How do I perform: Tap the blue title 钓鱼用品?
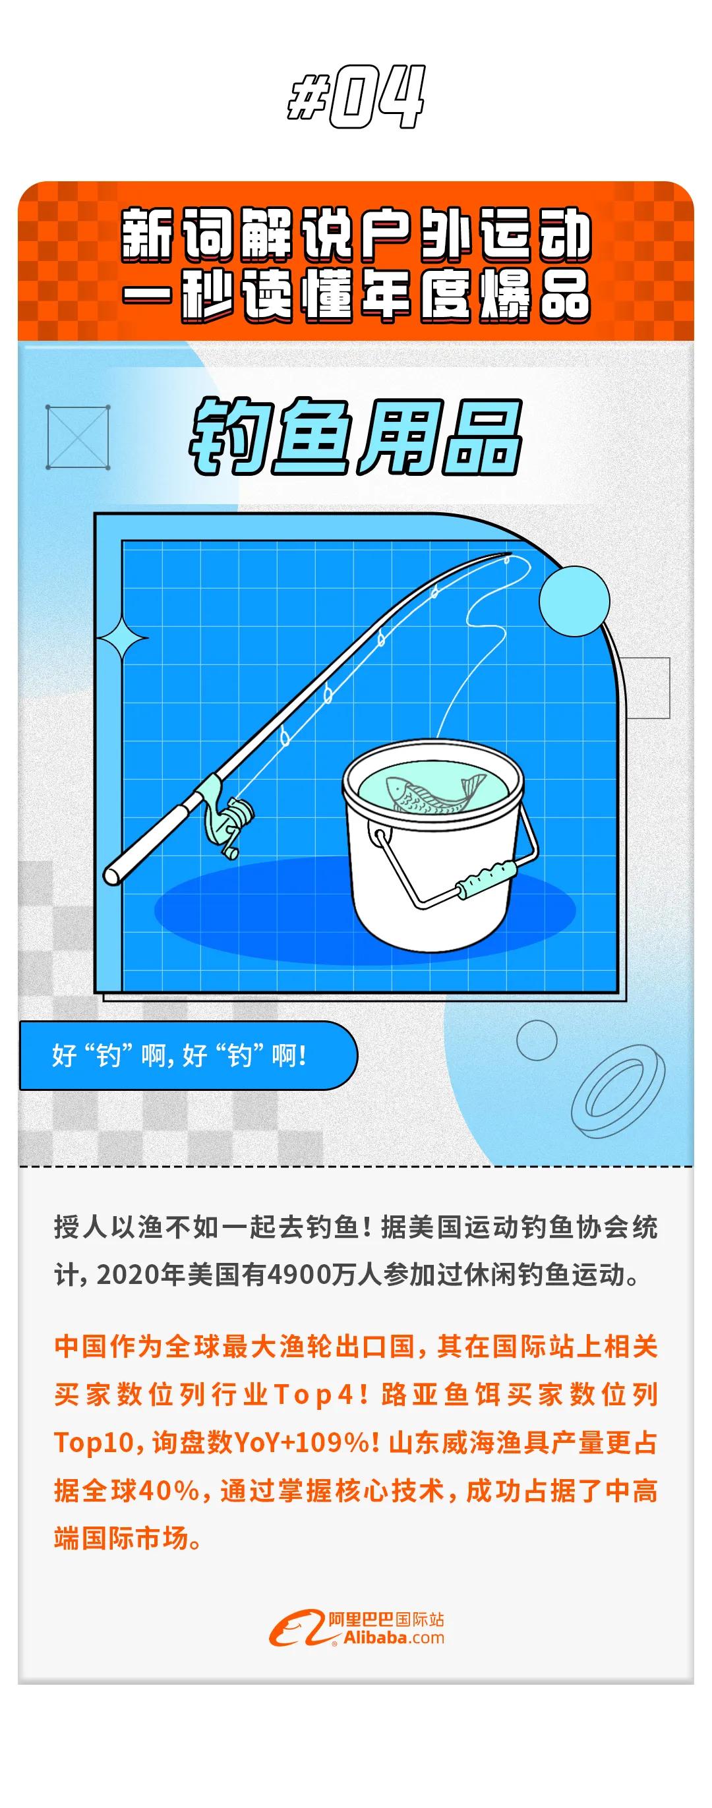pos(356,437)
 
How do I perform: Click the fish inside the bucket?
pos(436,793)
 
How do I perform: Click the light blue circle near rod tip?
pos(574,602)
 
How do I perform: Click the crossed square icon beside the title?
pos(77,436)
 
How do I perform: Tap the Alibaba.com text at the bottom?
pos(393,1637)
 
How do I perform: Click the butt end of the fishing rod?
pos(112,875)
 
